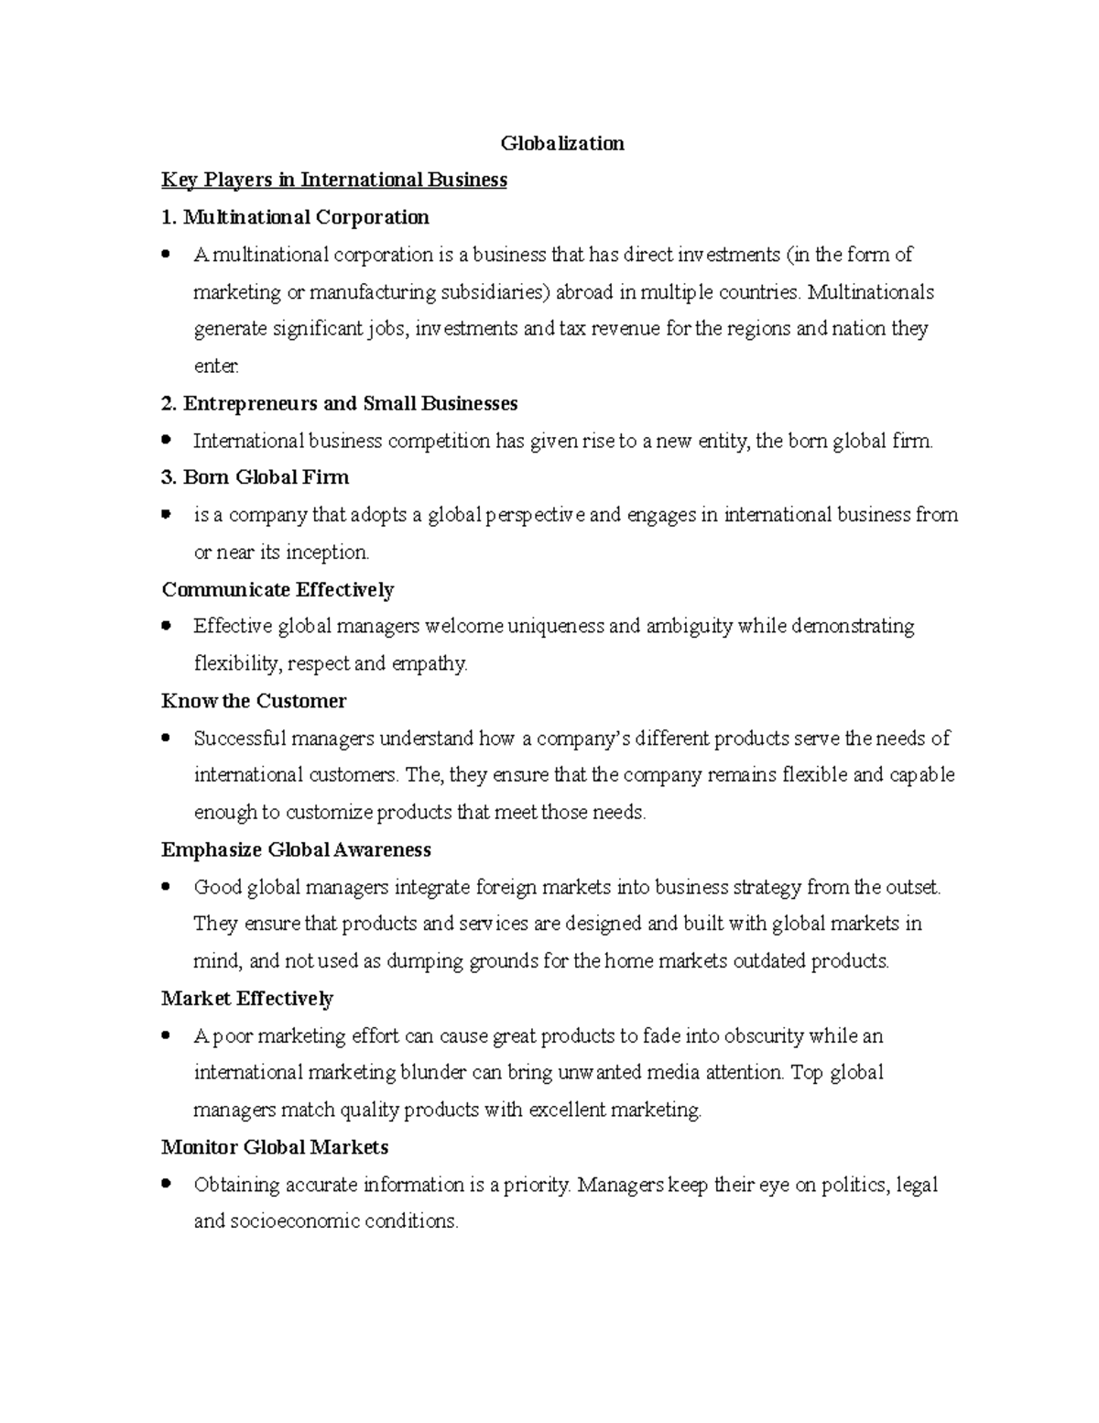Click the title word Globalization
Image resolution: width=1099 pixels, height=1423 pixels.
562,143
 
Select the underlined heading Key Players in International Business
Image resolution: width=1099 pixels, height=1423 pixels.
334,180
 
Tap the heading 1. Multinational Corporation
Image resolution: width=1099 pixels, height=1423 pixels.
295,217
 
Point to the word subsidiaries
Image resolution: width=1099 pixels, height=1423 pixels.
495,292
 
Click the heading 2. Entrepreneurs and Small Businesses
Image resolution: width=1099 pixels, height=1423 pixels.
339,403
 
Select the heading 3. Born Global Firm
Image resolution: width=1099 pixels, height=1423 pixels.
255,477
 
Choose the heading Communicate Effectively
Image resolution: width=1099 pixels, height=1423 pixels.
277,589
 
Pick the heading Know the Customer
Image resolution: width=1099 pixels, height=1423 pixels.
254,701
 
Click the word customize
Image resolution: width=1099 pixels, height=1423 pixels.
330,813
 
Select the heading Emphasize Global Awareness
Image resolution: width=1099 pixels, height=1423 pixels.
296,849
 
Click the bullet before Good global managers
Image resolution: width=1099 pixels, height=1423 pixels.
166,887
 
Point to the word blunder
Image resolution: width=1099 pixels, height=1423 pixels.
436,1073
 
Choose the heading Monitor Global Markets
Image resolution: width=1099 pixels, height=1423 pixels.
275,1147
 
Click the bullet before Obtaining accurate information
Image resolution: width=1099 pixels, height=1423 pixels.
166,1185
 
